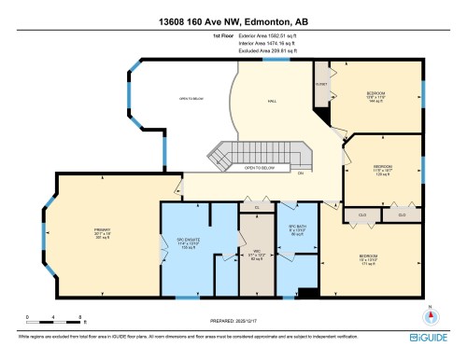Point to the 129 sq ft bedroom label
point(382,172)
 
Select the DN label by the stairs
point(300,173)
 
